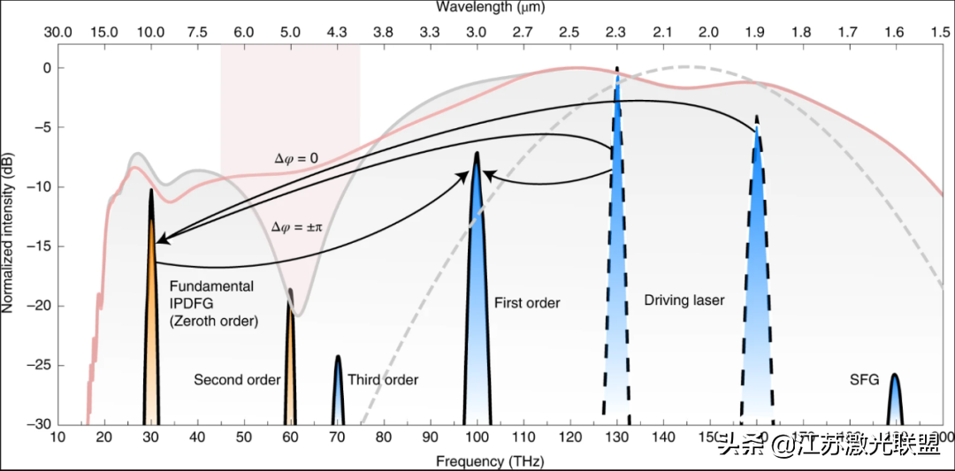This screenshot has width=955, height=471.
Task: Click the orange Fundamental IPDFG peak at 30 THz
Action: pyautogui.click(x=151, y=336)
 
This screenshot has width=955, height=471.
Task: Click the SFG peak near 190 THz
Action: pyautogui.click(x=895, y=402)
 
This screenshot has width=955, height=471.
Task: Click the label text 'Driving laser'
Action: pyautogui.click(x=684, y=300)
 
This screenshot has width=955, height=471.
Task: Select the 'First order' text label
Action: pyautogui.click(x=527, y=303)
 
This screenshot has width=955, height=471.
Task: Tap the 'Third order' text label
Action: pyautogui.click(x=383, y=380)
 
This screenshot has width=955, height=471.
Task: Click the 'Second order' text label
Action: pyautogui.click(x=237, y=380)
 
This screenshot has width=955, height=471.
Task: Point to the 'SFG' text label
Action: pyautogui.click(x=864, y=380)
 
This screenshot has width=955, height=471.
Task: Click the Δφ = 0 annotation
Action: pyautogui.click(x=295, y=158)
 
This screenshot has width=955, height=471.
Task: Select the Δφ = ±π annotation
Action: pyautogui.click(x=298, y=227)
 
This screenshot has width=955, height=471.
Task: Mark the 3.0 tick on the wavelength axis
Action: pyautogui.click(x=477, y=33)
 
